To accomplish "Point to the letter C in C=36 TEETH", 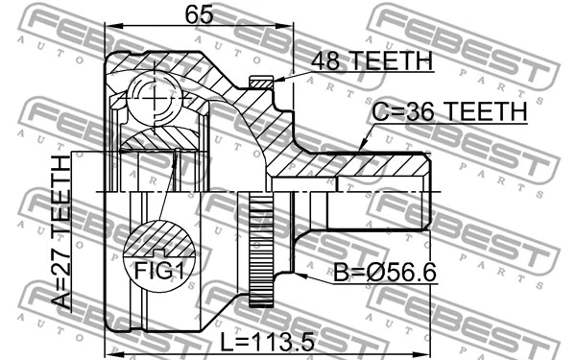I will point(381,113).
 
